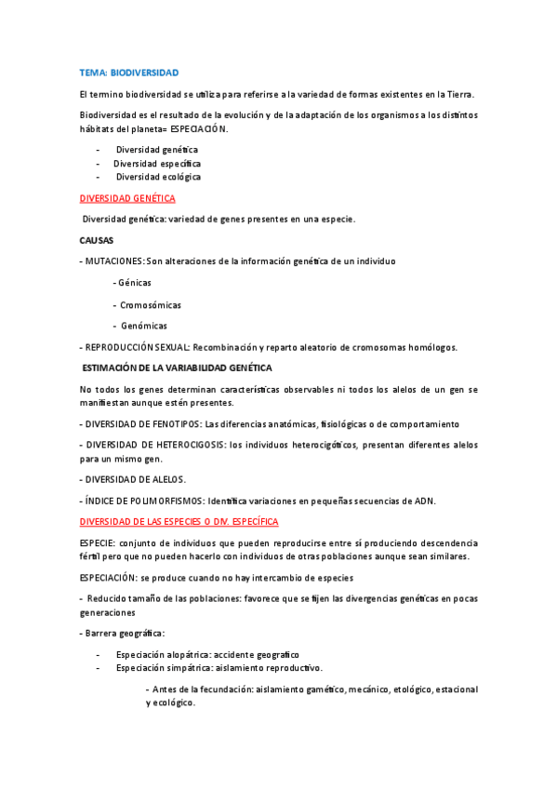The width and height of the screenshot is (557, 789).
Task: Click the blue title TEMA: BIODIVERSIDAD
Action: click(x=129, y=73)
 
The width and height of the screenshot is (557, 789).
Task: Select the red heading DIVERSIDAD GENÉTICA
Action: click(x=127, y=198)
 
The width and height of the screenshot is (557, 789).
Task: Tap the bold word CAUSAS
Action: click(x=97, y=240)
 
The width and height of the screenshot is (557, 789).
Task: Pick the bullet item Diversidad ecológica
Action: click(x=158, y=177)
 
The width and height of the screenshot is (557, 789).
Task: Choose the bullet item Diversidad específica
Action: click(x=157, y=163)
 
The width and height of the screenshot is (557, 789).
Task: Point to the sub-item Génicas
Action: click(x=134, y=283)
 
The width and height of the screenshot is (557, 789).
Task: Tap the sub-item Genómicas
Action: click(x=144, y=326)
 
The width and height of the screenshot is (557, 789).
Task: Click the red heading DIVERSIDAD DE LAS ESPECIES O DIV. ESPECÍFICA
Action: click(x=185, y=522)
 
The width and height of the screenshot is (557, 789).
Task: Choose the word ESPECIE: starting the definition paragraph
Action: click(x=98, y=542)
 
